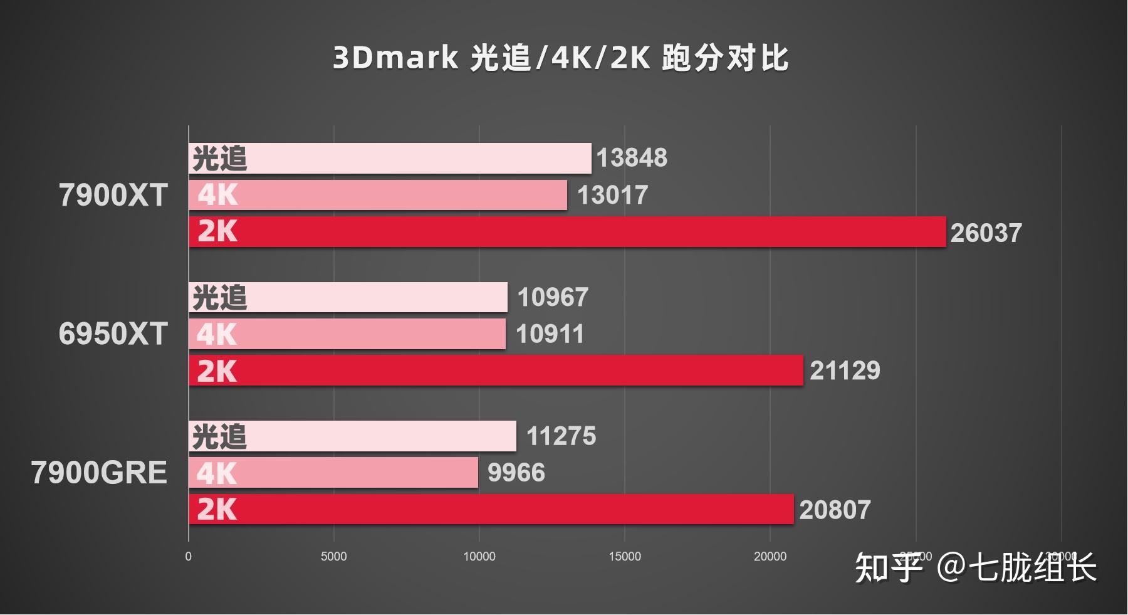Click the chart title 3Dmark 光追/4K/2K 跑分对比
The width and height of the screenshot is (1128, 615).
(560, 58)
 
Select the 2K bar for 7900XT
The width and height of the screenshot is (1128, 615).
(567, 232)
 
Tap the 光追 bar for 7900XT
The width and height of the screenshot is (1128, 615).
(390, 158)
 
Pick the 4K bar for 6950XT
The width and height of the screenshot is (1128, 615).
(347, 334)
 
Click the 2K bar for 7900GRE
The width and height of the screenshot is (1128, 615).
(491, 509)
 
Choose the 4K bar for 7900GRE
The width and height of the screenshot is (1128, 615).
(333, 473)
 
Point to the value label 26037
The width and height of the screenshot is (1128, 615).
(986, 233)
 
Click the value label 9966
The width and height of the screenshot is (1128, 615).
(516, 473)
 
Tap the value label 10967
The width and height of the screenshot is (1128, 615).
(552, 297)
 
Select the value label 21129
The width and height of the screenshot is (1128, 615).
(845, 371)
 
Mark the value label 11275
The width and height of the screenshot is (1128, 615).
(561, 436)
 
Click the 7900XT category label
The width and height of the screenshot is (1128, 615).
(113, 195)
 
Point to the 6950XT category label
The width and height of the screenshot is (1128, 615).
(113, 334)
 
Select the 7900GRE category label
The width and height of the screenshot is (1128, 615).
(99, 473)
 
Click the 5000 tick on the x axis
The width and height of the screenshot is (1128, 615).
(333, 557)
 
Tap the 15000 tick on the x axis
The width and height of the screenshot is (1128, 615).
(625, 557)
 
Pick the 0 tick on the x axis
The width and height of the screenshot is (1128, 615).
(188, 557)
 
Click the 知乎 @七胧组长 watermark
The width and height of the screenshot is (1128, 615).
(975, 568)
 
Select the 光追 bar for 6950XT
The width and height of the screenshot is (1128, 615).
(348, 297)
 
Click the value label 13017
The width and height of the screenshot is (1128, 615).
(612, 195)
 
